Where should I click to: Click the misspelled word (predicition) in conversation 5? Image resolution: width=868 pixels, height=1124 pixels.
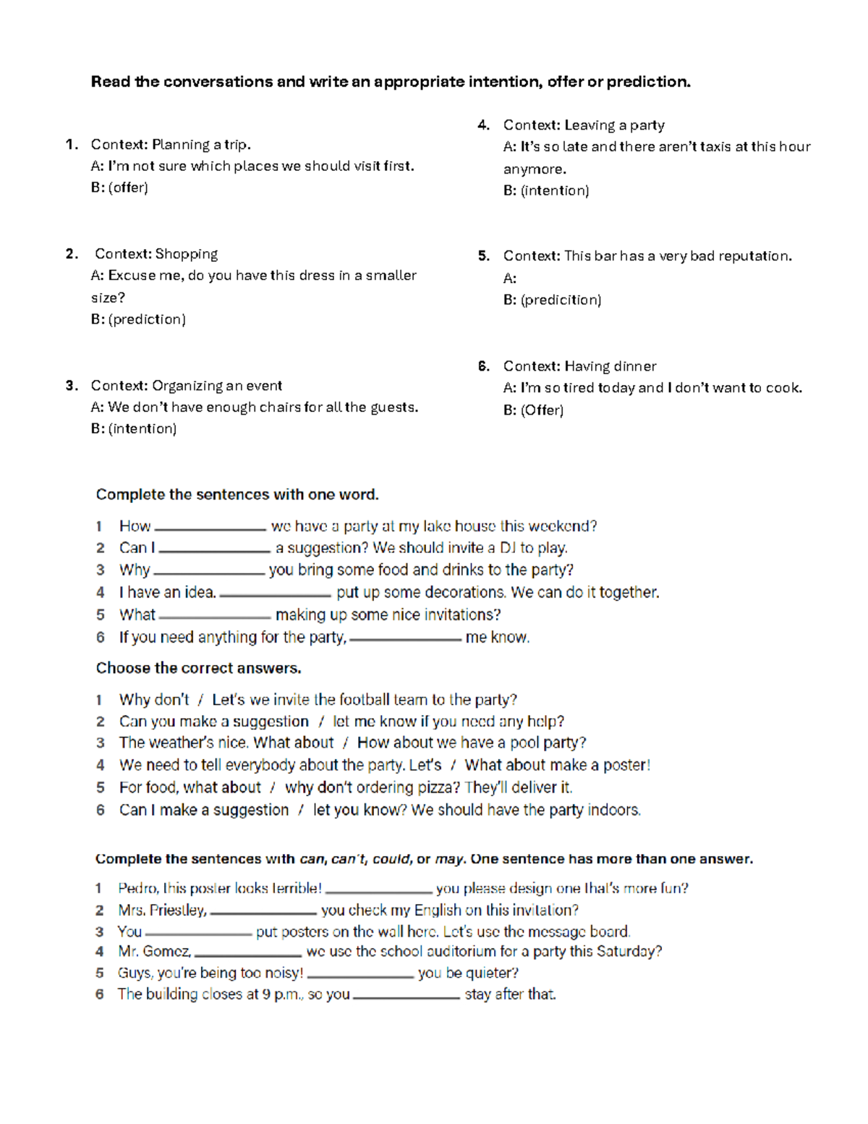561,300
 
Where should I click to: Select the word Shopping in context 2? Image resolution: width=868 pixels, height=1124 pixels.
186,254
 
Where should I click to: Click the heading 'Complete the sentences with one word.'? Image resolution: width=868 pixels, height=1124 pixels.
237,494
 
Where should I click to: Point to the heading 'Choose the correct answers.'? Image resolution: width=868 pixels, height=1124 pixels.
198,668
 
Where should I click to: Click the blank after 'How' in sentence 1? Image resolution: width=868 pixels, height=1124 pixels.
210,528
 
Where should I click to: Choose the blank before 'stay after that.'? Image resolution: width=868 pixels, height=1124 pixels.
407,996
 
